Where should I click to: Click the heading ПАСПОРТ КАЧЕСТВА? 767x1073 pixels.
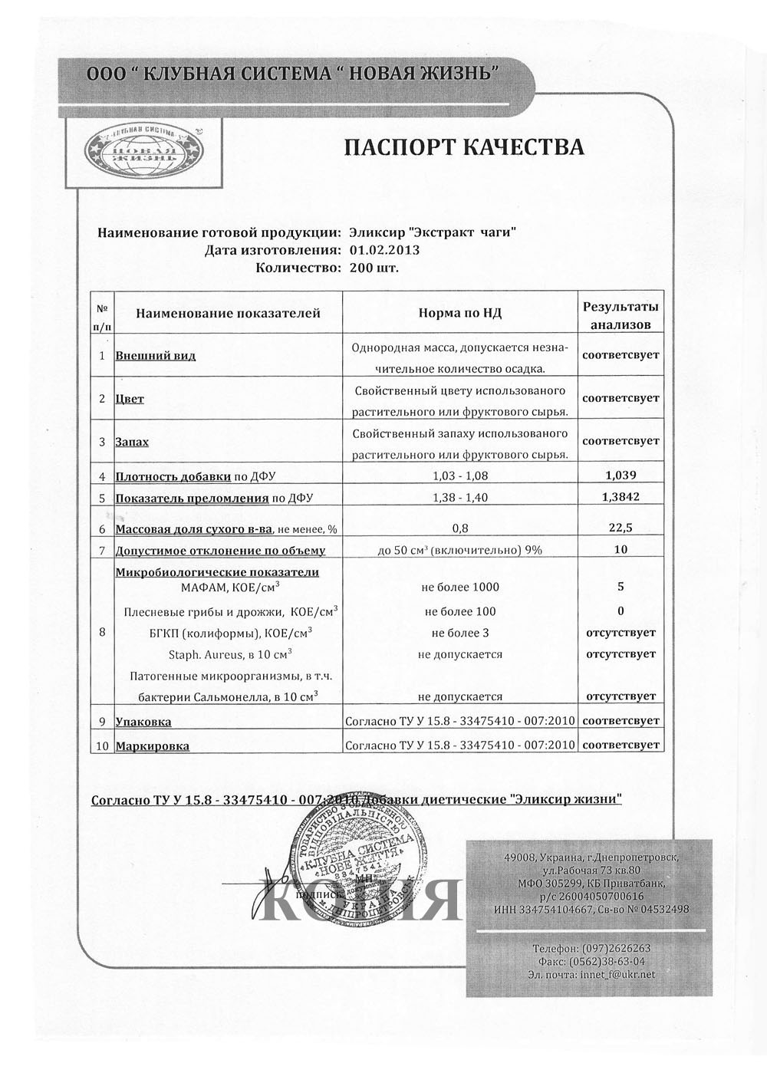point(463,146)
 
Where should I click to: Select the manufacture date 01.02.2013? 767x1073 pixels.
point(384,249)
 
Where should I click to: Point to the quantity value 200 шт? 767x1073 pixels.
point(374,268)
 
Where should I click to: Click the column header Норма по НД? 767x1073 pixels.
point(460,313)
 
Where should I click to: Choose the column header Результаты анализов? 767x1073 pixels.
point(621,315)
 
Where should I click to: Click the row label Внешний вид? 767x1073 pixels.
point(155,356)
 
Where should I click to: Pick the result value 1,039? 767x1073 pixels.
point(621,475)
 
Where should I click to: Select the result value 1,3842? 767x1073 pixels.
point(621,496)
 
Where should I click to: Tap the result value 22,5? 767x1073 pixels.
point(621,528)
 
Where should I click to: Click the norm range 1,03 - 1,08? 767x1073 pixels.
point(460,476)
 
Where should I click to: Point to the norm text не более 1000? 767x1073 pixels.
point(460,587)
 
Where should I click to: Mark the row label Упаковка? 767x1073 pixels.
point(143,722)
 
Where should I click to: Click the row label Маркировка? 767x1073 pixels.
point(152,746)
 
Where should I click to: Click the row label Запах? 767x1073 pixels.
point(132,443)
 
